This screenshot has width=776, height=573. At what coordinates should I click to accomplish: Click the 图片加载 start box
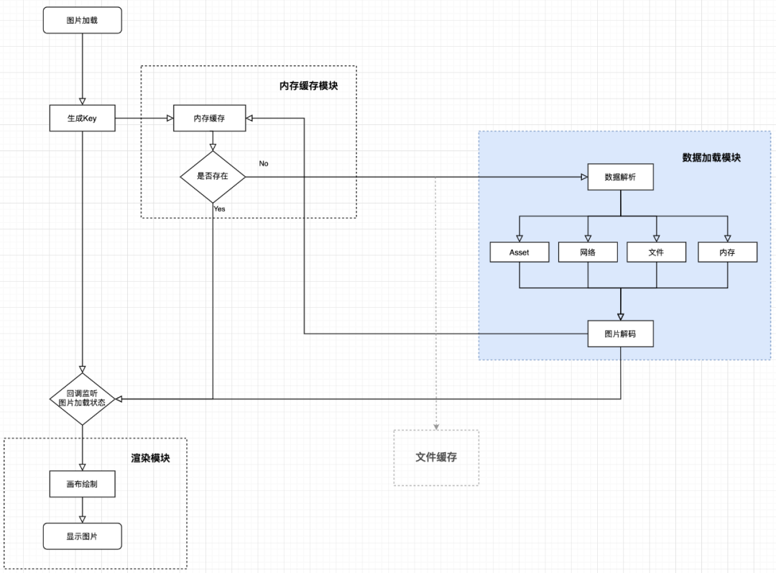tap(83, 21)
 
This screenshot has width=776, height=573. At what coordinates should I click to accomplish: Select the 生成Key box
tap(83, 119)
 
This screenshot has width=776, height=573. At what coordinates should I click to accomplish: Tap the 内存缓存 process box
tap(209, 119)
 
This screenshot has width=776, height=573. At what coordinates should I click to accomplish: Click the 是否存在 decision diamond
tap(213, 176)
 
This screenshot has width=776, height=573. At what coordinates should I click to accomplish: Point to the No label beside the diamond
tap(264, 163)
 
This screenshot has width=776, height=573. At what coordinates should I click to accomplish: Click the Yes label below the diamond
tap(219, 208)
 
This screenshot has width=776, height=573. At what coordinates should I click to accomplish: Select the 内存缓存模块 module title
tap(308, 86)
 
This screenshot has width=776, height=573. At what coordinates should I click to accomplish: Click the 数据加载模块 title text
tap(711, 157)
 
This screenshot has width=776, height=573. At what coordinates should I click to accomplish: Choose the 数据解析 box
tap(620, 177)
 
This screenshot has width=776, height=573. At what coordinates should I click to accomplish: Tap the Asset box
tap(519, 252)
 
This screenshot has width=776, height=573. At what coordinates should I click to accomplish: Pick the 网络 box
tap(588, 252)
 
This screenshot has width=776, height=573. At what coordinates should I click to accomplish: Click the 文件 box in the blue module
tap(656, 252)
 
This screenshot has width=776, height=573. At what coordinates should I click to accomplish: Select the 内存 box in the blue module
tap(727, 252)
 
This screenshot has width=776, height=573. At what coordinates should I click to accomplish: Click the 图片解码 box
tap(620, 334)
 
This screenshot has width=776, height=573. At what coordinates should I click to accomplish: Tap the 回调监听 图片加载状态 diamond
tap(83, 398)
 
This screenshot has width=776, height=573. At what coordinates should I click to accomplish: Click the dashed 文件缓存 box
tap(436, 457)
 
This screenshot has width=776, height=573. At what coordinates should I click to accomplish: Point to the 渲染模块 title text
tap(150, 458)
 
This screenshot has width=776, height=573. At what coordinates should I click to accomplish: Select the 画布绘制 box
tap(83, 485)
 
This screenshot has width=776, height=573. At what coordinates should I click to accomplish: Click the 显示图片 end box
tap(83, 536)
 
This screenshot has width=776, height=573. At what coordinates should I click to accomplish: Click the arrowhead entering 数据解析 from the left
tap(583, 177)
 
